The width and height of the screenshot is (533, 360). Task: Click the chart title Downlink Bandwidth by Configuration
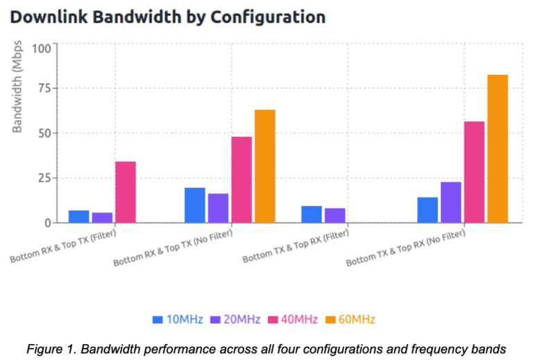(x=168, y=17)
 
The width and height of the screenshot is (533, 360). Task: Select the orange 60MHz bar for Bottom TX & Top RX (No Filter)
(x=498, y=148)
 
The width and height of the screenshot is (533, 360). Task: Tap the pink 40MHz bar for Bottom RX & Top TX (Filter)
(x=126, y=192)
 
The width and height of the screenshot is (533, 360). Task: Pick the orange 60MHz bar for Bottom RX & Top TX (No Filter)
(x=265, y=166)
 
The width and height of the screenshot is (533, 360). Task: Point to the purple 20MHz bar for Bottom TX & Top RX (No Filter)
(x=451, y=203)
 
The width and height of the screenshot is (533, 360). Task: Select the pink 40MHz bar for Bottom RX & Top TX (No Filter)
(x=242, y=180)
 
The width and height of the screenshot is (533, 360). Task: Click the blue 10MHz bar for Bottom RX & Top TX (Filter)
(x=79, y=216)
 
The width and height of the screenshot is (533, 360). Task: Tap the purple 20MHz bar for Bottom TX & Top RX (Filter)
(x=335, y=216)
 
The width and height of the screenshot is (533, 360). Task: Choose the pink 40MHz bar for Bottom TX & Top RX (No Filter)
(x=474, y=172)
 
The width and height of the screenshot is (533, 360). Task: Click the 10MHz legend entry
(x=178, y=319)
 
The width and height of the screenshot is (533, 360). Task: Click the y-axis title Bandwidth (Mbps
(x=18, y=87)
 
